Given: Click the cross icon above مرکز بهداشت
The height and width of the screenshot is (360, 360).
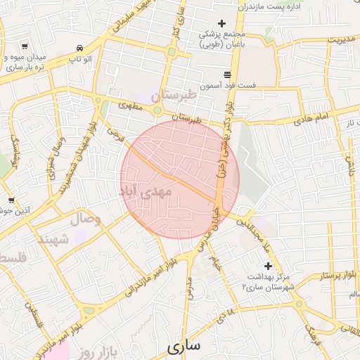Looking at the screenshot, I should click(x=266, y=265).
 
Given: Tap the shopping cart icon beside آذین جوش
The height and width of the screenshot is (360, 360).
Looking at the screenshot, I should click(x=10, y=200).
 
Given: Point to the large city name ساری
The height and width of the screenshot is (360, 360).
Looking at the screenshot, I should click(x=184, y=346).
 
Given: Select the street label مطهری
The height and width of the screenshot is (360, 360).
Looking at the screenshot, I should click(x=130, y=106).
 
